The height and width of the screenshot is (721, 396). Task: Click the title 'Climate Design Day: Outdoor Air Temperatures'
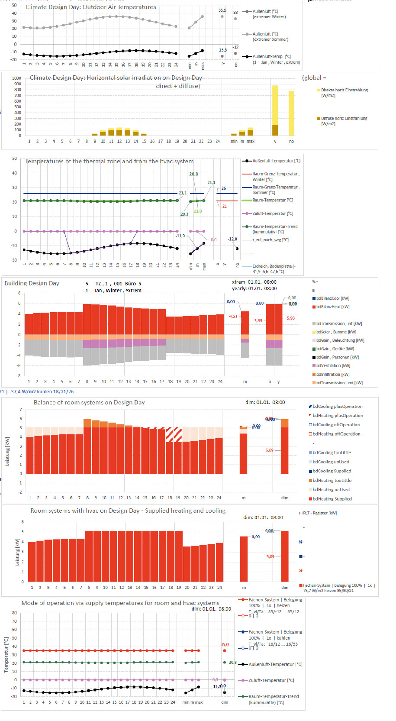[x=91, y=7]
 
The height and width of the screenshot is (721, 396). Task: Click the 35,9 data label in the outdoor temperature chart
[x=222, y=10]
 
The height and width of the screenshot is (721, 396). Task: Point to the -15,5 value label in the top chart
[x=222, y=50]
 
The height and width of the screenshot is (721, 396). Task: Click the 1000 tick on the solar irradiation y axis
[x=16, y=78]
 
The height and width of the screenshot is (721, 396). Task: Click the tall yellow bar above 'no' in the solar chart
[x=291, y=113]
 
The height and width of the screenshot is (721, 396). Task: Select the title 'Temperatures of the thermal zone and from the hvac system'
[x=109, y=161]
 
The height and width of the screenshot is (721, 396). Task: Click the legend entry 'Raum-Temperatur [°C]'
[x=272, y=200]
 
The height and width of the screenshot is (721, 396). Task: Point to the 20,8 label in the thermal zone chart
[x=193, y=174]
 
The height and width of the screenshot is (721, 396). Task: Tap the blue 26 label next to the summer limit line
[x=224, y=188]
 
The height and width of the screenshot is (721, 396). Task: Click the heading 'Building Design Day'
[x=32, y=283]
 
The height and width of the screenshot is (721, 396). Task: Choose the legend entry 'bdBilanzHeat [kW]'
[x=332, y=307]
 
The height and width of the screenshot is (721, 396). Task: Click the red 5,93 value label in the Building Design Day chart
[x=258, y=321]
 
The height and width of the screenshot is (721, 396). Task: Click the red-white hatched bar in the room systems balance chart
[x=174, y=434]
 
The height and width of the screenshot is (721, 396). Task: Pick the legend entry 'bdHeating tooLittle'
[x=332, y=480]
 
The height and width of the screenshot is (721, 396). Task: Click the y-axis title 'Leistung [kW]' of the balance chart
[x=7, y=451]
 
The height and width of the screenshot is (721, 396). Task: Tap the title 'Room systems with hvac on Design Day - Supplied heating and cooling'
[x=128, y=511]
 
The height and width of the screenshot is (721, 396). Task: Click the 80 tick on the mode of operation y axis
[x=14, y=613]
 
